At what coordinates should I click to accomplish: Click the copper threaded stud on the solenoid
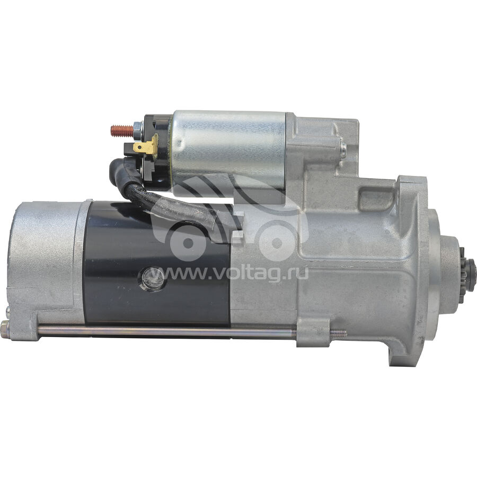tap(122, 131)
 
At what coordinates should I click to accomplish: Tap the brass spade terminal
tap(145, 147)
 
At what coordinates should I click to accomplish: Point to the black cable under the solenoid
tap(180, 207)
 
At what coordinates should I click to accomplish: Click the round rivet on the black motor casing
tap(153, 279)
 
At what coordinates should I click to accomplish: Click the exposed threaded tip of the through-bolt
tap(338, 333)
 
